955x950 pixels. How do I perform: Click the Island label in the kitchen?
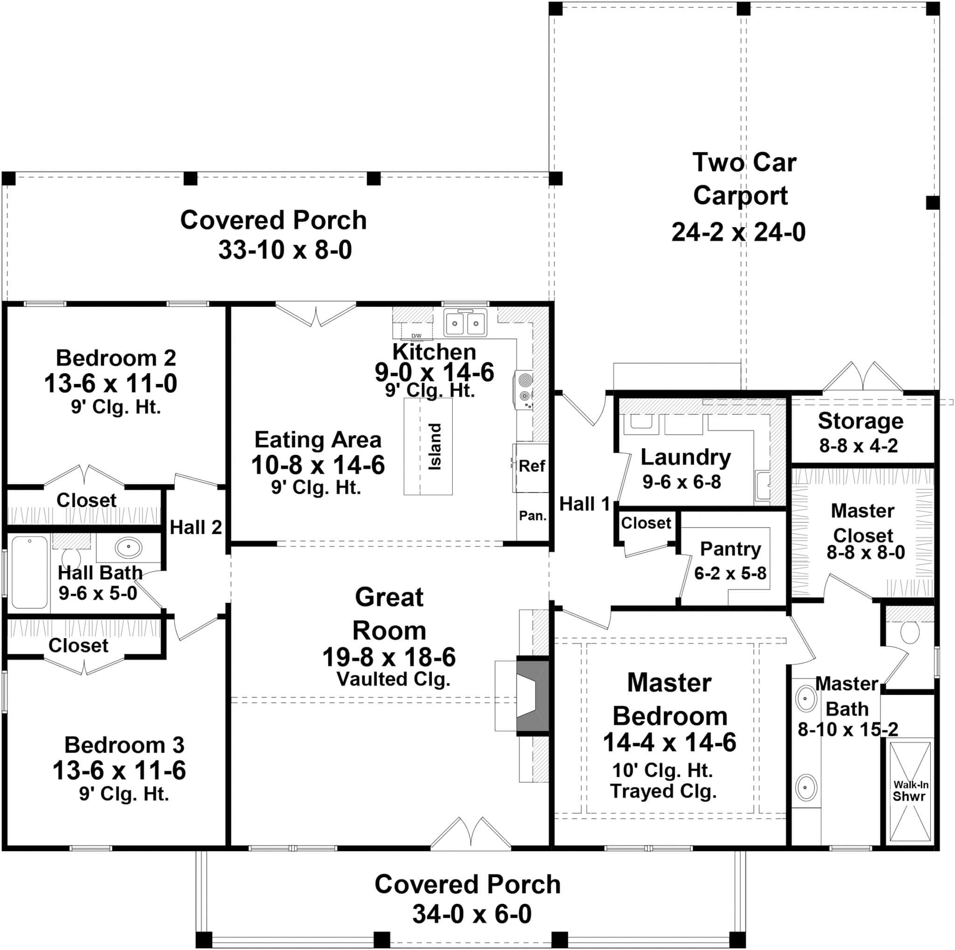435,447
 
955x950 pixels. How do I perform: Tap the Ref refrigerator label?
532,466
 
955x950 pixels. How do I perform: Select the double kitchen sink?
464,323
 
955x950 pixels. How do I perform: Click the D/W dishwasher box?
416,331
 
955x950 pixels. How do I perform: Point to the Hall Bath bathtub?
30,572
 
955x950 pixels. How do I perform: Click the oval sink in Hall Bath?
129,547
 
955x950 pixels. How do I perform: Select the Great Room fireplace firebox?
532,696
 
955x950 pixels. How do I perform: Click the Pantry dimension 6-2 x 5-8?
730,573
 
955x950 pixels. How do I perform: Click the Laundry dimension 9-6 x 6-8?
682,482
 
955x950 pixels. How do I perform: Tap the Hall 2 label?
196,527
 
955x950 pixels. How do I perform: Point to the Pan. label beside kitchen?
533,516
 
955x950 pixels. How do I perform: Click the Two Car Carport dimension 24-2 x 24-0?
739,232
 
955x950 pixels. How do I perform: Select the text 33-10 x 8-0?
285,250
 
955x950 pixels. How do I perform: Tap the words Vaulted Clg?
394,679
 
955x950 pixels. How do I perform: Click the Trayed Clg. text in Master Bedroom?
664,791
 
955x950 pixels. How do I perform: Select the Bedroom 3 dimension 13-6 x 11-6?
119,770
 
